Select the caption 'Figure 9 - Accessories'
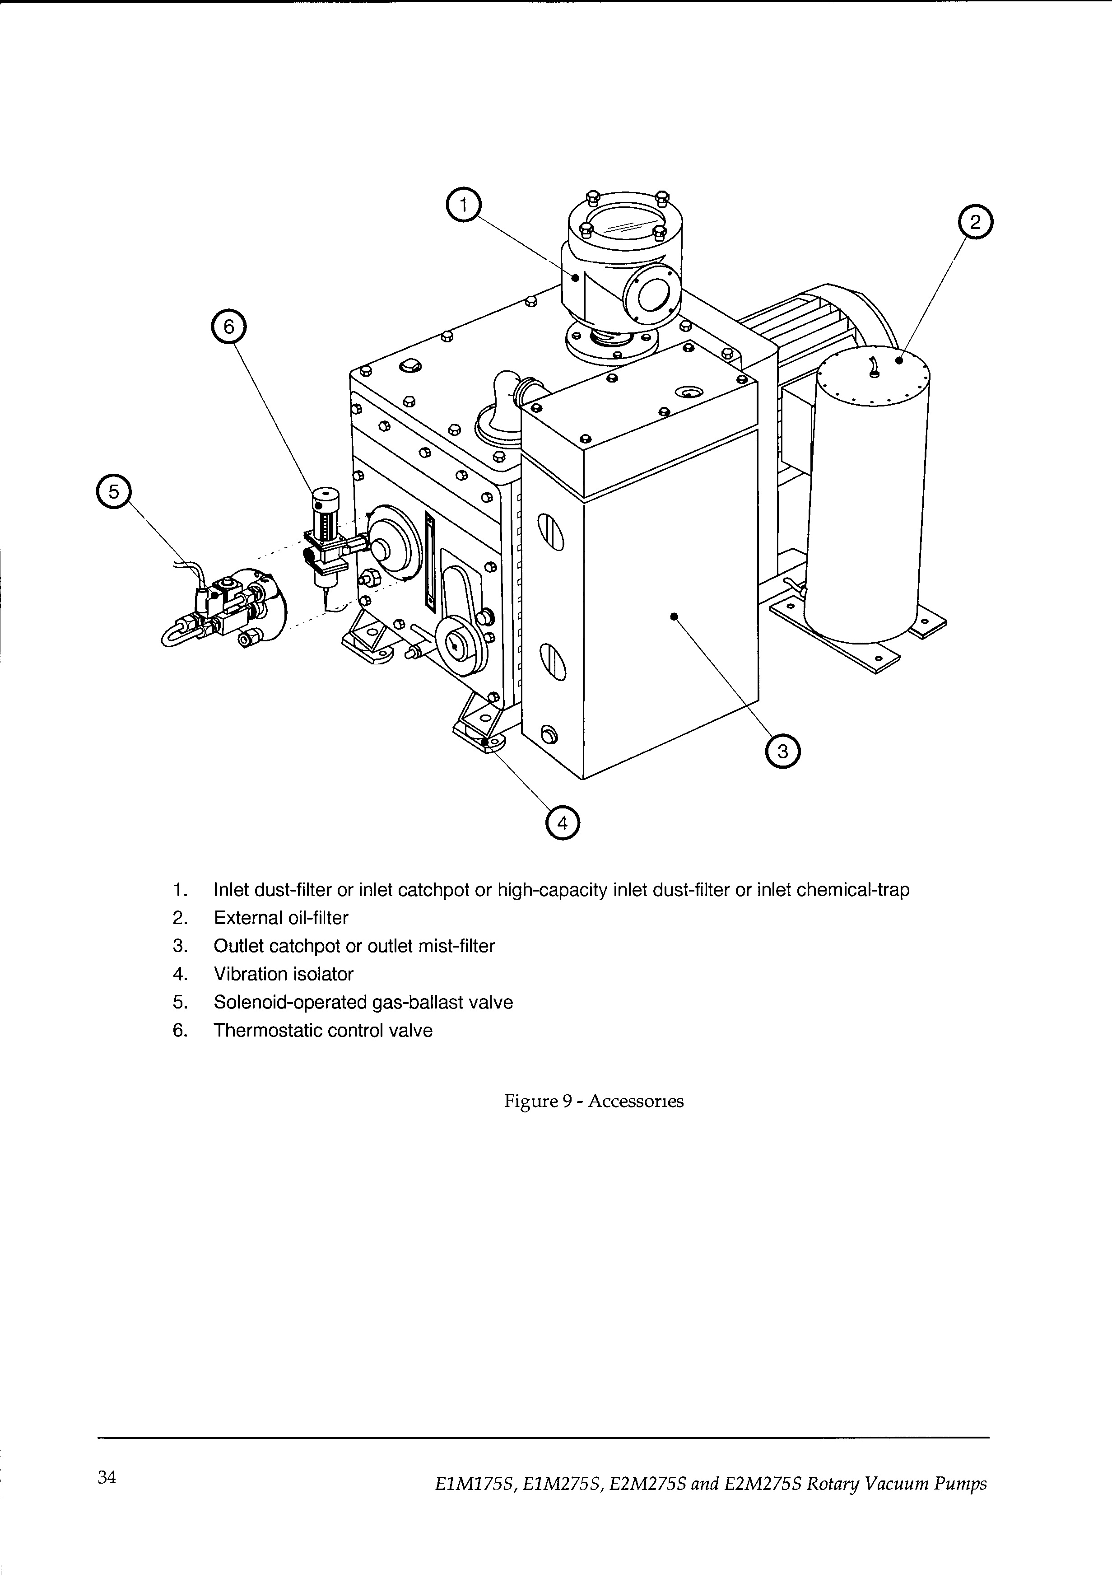594,1101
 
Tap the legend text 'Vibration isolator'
284,974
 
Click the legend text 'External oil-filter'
281,918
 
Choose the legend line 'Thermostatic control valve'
323,1031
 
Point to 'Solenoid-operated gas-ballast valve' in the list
363,1003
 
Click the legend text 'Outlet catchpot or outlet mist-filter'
354,946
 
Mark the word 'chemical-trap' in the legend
853,890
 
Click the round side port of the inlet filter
648,295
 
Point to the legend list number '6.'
180,1031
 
